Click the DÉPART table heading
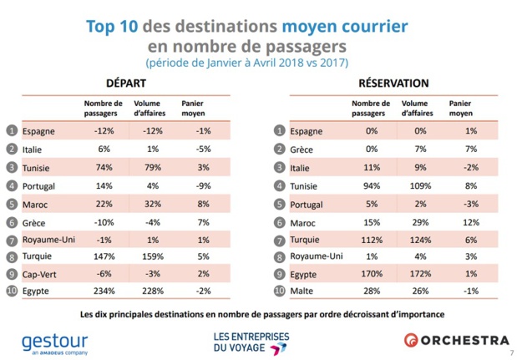tap(126, 84)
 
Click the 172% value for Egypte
tap(414, 274)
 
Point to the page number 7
tap(509, 355)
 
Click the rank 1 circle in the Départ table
tap(11, 129)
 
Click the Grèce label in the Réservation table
tap(306, 148)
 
